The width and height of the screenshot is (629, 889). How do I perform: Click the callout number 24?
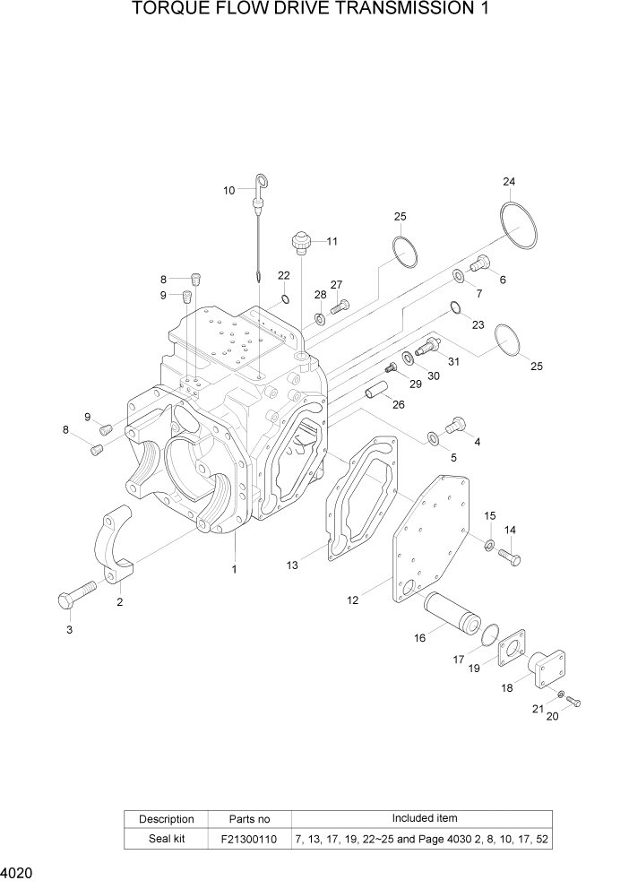pos(509,183)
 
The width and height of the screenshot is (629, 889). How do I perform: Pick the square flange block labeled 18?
pos(543,671)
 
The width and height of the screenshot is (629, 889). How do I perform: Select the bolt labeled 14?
pos(509,557)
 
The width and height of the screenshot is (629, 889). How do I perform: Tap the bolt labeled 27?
pos(339,306)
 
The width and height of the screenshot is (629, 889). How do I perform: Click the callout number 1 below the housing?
pos(235,569)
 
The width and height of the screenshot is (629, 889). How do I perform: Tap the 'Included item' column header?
pos(424,818)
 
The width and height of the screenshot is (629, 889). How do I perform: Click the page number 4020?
pos(19,870)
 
